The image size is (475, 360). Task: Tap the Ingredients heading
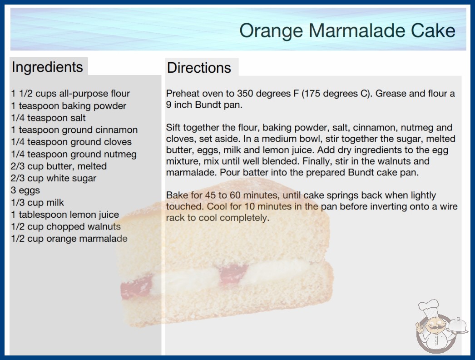click(x=47, y=67)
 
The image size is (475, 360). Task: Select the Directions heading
click(x=199, y=68)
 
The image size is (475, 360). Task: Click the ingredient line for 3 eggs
click(x=25, y=190)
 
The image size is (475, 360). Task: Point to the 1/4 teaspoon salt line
click(x=49, y=118)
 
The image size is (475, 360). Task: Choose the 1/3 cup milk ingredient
click(x=38, y=202)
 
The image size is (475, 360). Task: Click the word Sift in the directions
click(x=173, y=127)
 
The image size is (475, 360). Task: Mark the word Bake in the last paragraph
click(x=177, y=195)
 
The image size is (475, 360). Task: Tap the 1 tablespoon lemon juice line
click(x=65, y=215)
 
